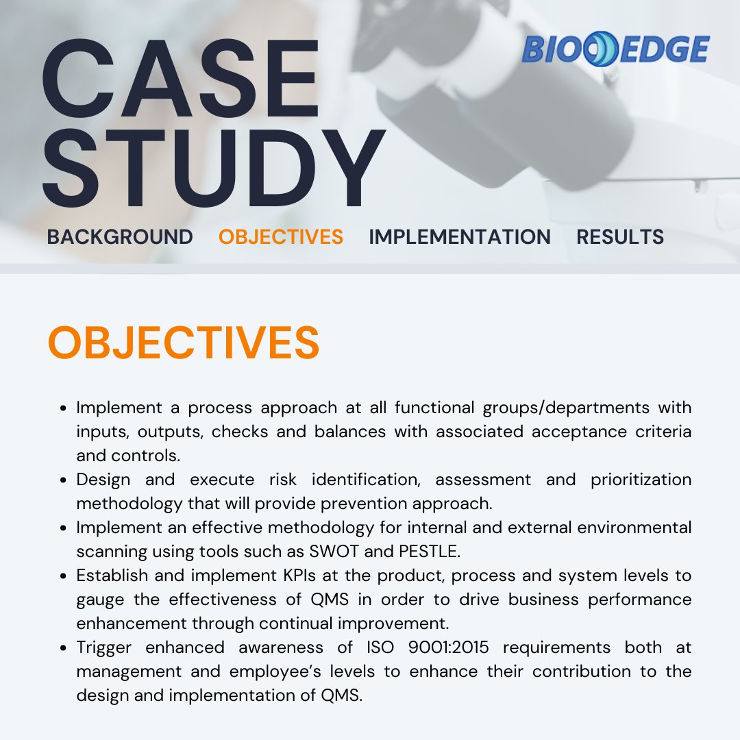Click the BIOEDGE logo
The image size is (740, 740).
615,50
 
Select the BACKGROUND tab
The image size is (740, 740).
120,237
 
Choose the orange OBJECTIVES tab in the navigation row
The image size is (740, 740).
281,237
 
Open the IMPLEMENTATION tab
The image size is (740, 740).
460,237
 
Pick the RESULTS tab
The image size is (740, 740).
620,237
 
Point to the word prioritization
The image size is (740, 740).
641,480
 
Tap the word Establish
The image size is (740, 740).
112,576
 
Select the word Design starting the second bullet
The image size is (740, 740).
106,480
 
